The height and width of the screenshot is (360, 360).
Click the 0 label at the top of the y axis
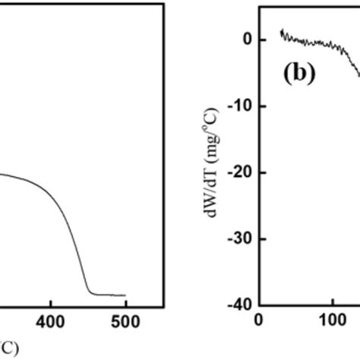248,39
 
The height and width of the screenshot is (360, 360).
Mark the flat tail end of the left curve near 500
123,295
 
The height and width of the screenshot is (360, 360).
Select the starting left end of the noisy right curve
281,31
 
